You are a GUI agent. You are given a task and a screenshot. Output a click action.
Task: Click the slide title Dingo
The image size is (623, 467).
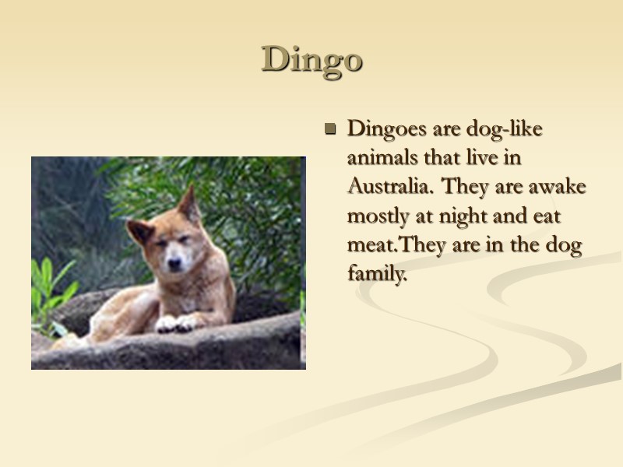[312, 60]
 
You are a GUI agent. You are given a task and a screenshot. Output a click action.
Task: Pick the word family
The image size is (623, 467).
[378, 276]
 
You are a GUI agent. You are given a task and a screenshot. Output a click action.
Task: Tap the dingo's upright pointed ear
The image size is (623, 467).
[189, 203]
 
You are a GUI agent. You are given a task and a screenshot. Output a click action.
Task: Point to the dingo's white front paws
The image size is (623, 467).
[178, 322]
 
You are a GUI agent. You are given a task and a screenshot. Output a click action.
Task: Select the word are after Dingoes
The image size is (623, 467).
[443, 128]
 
